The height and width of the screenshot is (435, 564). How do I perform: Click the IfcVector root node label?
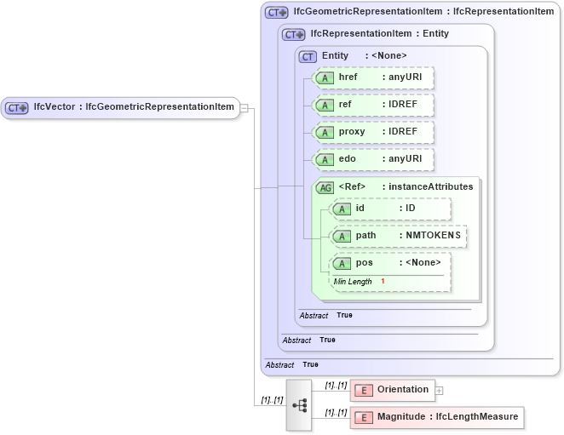132,107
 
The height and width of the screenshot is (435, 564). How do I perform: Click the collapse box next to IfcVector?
245,108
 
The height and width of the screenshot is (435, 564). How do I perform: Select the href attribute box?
374,77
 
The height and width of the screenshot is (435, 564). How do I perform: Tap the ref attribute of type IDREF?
374,105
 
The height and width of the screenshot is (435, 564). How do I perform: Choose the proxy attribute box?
374,132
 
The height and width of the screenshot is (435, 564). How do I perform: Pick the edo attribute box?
374,159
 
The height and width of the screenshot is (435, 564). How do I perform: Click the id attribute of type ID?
391,209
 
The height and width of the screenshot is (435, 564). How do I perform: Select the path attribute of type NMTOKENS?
399,236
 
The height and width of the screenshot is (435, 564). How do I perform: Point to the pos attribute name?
365,263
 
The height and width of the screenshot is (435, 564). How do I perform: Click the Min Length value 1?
383,281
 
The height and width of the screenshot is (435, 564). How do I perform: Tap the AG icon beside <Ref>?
325,187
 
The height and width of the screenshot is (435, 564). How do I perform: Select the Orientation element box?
393,390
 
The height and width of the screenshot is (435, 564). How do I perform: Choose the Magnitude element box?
436,417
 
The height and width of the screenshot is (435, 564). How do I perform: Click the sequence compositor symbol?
299,405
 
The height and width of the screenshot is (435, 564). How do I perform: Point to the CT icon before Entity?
308,56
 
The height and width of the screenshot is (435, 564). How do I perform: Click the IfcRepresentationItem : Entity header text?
379,34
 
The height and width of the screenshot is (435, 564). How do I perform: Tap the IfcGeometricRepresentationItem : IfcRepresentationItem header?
423,12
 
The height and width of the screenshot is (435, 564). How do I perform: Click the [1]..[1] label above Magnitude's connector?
336,411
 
